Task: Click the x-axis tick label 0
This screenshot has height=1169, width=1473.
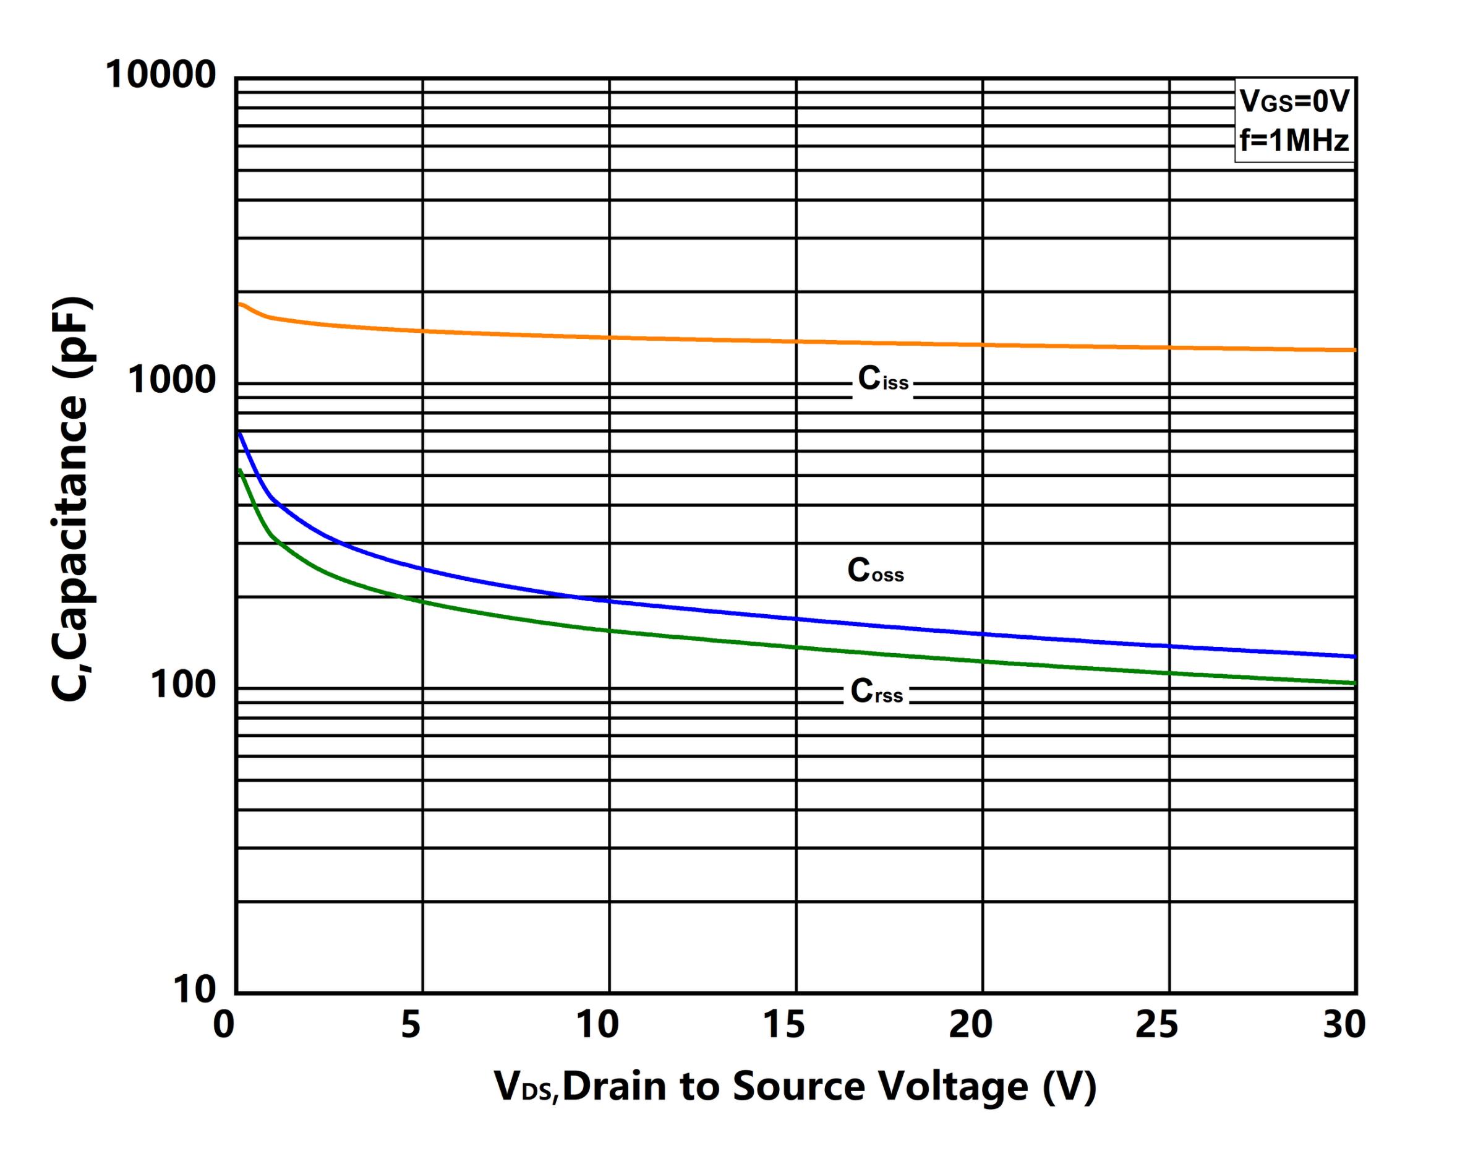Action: tap(223, 1025)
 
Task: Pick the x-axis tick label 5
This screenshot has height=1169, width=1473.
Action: tap(411, 1025)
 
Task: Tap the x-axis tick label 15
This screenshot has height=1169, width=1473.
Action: tap(783, 1025)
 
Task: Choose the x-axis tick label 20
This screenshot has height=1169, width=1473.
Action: tap(971, 1025)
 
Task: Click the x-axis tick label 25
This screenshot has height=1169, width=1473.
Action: tap(1158, 1025)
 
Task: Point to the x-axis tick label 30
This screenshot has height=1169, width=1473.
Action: tap(1344, 1025)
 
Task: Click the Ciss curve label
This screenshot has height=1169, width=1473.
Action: tap(882, 379)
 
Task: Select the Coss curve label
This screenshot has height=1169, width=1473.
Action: tap(875, 570)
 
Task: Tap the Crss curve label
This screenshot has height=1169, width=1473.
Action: tap(876, 692)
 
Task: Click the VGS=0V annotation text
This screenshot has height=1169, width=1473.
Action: tap(1294, 102)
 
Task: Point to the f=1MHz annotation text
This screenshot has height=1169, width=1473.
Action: tap(1294, 141)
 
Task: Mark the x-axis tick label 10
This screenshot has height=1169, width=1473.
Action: tap(597, 1025)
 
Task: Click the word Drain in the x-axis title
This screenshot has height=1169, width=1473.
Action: tap(614, 1086)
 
